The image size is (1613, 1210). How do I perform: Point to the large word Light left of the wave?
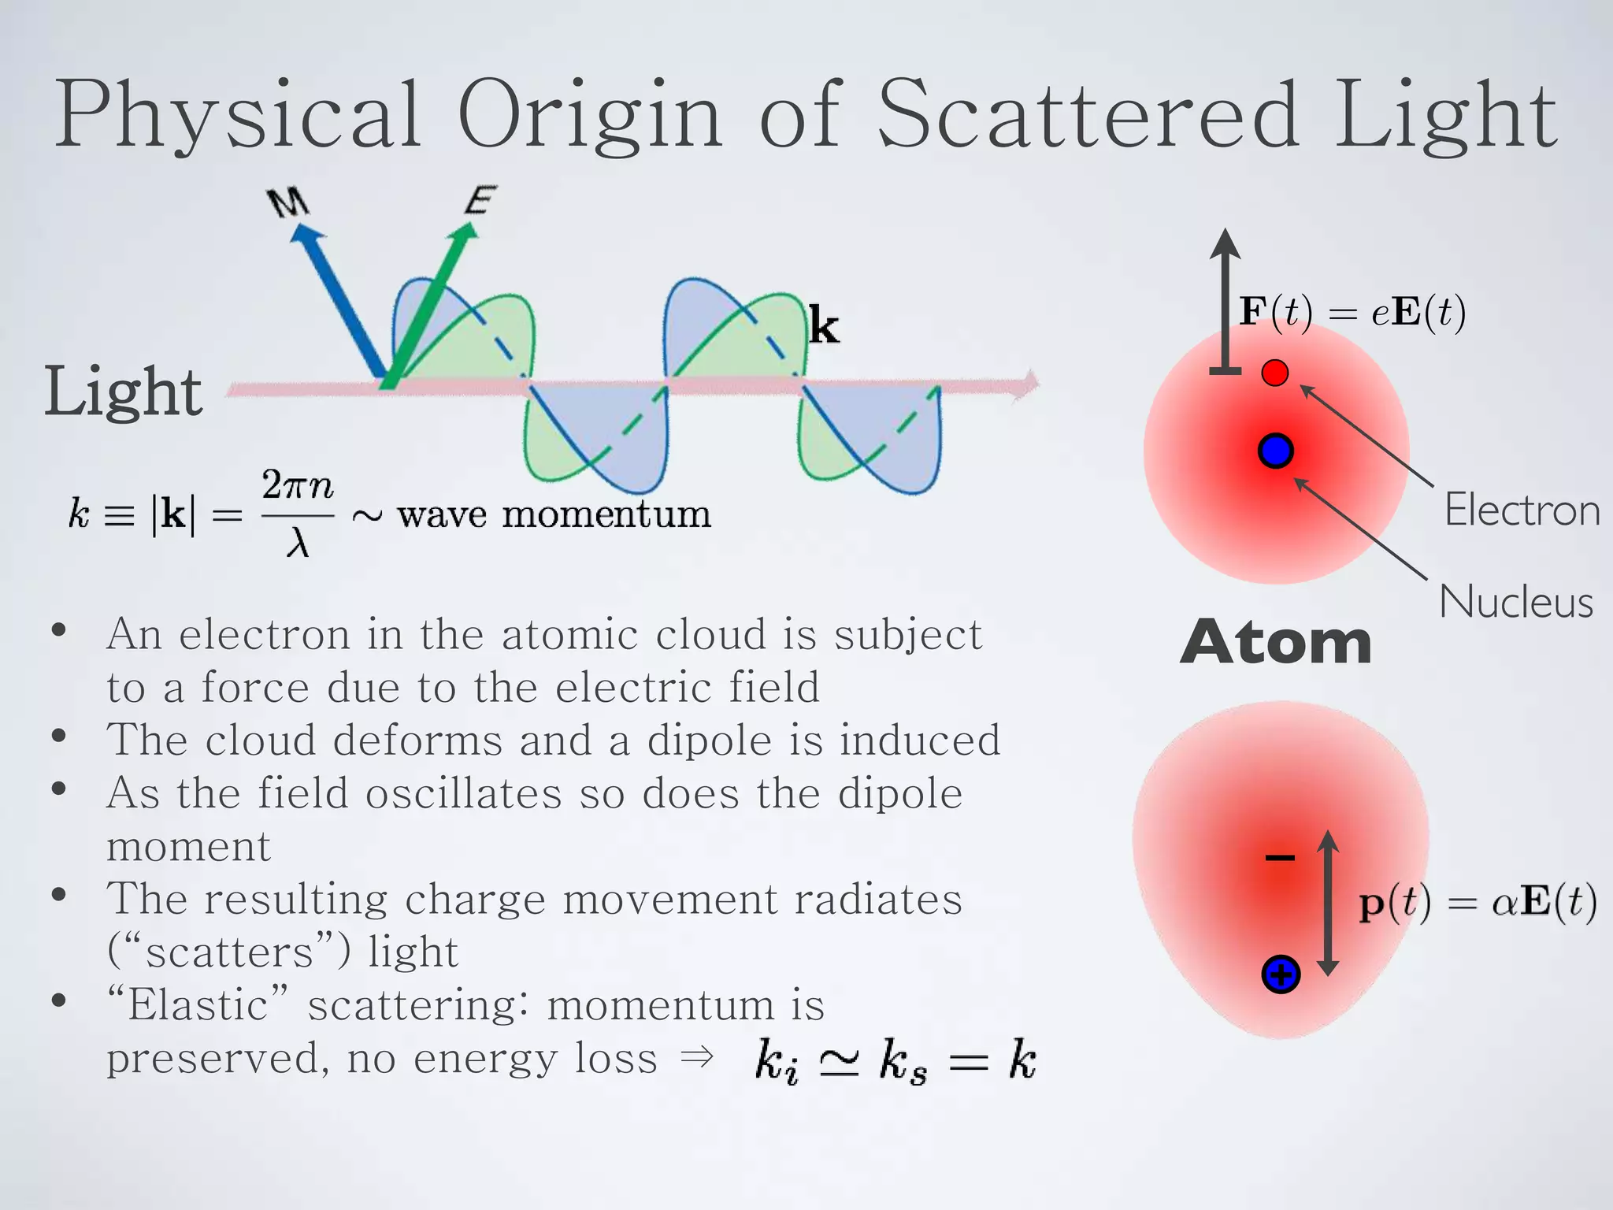(x=124, y=392)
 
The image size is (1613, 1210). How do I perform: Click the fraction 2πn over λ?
(x=298, y=513)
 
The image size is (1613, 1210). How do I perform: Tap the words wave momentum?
(x=554, y=514)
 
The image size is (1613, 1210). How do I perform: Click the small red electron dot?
(x=1274, y=373)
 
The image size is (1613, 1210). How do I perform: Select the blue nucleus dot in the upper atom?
(x=1275, y=451)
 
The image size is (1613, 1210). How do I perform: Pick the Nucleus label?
(x=1516, y=602)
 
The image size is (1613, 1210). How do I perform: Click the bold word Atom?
(x=1276, y=643)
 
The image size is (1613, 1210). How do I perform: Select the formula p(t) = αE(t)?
(x=1478, y=903)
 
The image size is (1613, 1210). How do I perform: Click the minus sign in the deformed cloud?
(x=1280, y=858)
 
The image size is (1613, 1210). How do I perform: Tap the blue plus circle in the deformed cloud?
(x=1281, y=974)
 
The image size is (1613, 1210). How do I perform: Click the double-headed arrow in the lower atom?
(x=1328, y=903)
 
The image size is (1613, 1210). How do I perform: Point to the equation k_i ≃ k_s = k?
(x=895, y=1060)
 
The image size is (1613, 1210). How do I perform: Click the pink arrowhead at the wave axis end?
(x=1028, y=384)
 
